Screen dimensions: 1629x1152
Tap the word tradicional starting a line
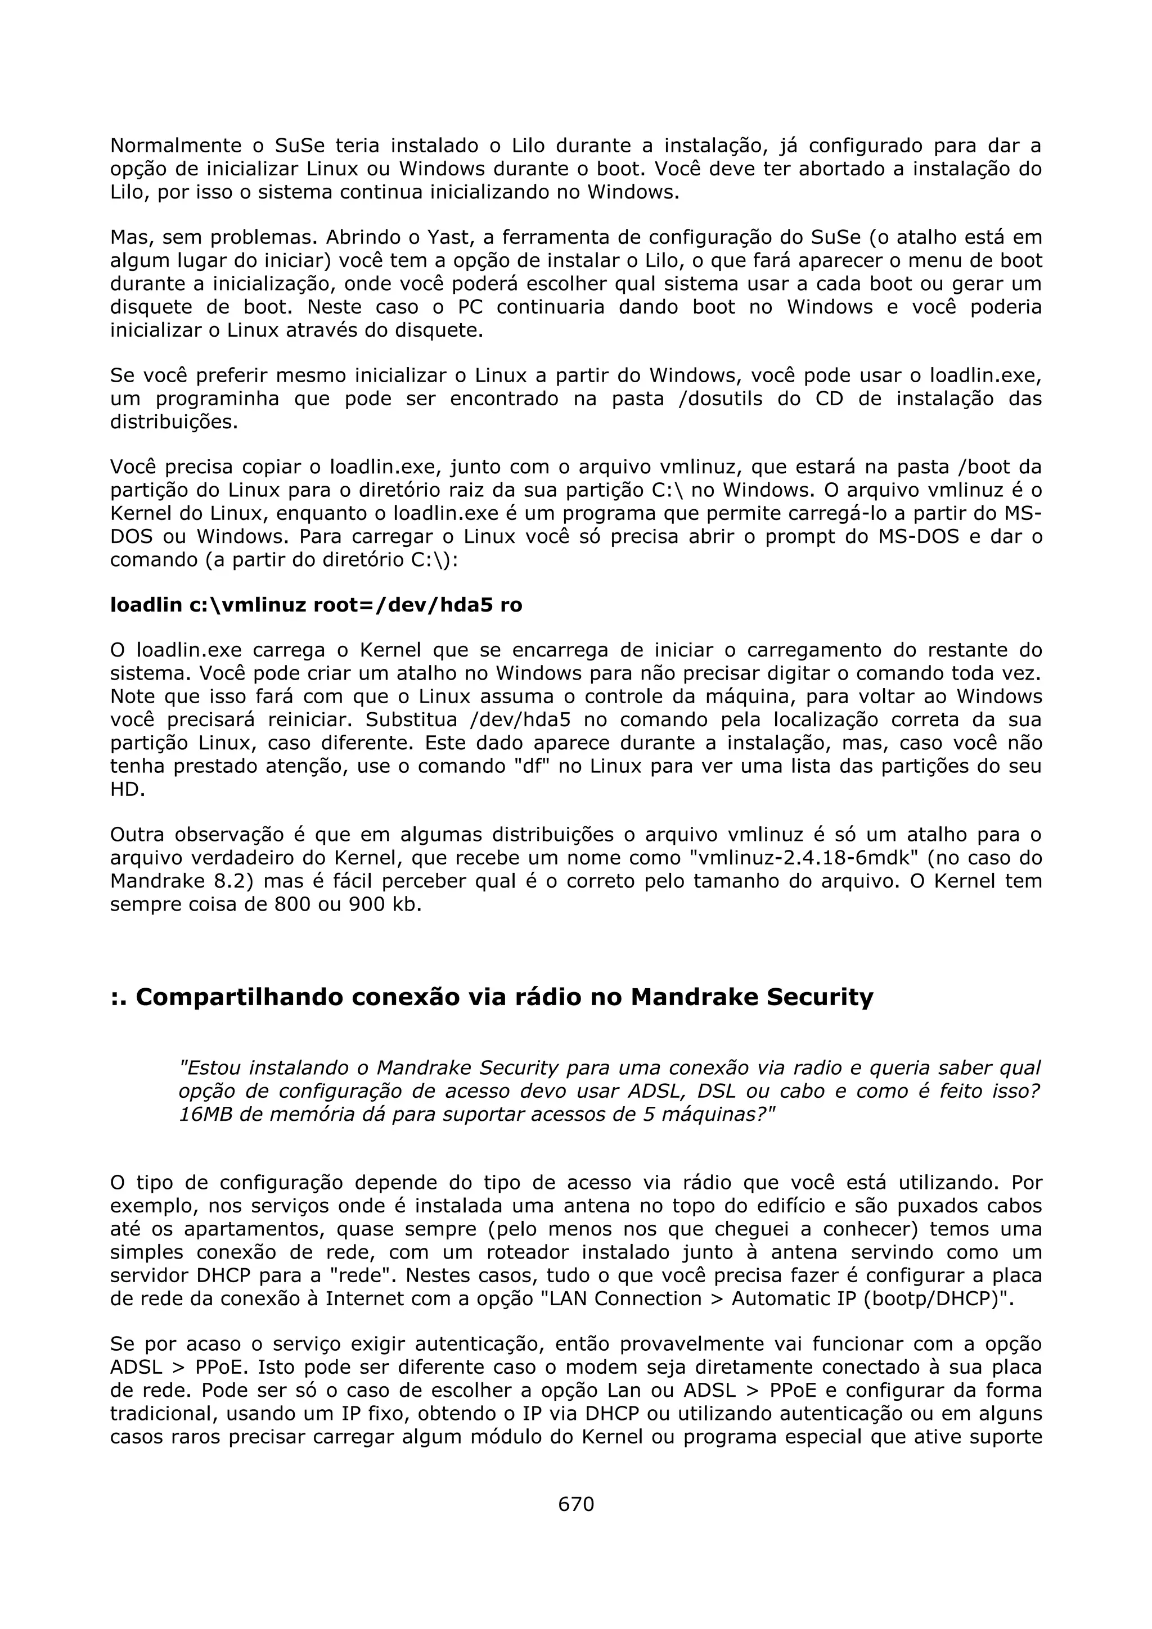pos(164,1414)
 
